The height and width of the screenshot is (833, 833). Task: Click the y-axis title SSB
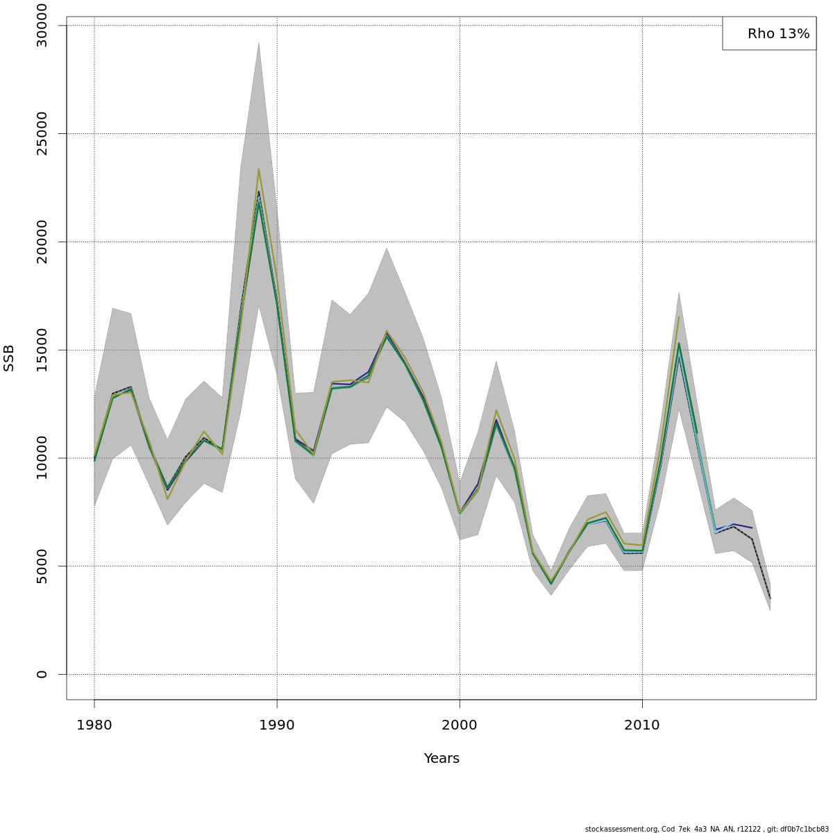[9, 357]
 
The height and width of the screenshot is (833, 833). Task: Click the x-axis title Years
[441, 759]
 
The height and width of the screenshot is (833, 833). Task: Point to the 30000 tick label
[42, 26]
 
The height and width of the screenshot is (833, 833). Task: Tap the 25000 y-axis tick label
[42, 133]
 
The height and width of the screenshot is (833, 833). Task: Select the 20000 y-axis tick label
[42, 242]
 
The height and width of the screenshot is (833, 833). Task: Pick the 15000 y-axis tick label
[42, 350]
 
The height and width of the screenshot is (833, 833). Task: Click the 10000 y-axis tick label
[42, 458]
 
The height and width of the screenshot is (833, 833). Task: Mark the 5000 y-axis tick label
[42, 566]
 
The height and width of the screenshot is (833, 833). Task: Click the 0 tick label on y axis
[42, 674]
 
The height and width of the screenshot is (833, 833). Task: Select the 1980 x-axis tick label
[94, 725]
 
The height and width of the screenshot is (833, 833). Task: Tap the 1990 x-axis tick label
[277, 725]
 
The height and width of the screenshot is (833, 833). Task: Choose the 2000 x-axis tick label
[460, 725]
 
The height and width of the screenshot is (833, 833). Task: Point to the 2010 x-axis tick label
[642, 725]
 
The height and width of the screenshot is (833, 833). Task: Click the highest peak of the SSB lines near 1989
[259, 169]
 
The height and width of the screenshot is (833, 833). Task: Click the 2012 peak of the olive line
[679, 317]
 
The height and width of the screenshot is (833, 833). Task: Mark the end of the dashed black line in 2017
[770, 598]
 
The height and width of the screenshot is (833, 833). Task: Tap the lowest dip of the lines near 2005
[551, 583]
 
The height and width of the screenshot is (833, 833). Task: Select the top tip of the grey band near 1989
[259, 42]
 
